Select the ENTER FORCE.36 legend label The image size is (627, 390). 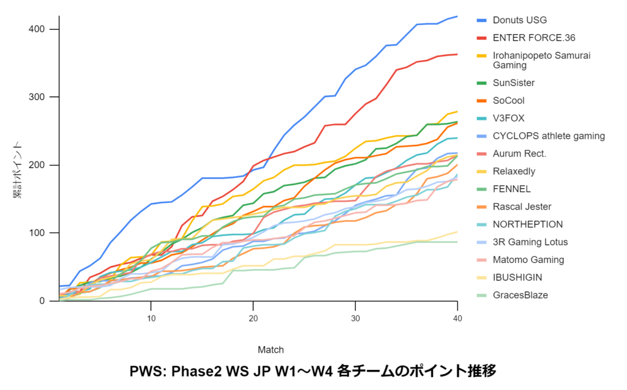(x=535, y=38)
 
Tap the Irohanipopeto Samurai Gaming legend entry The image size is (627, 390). (x=541, y=60)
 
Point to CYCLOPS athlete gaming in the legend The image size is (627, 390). (x=549, y=136)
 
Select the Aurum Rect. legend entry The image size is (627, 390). (x=519, y=153)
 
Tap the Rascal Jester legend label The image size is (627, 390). (x=522, y=207)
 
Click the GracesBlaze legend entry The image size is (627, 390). (x=520, y=295)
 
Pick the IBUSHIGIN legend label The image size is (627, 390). (x=517, y=278)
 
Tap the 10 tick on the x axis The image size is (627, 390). (x=151, y=319)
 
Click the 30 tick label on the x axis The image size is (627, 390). (x=355, y=319)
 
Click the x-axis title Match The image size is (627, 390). (x=271, y=350)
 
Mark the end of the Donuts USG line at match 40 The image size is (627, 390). (x=457, y=17)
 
